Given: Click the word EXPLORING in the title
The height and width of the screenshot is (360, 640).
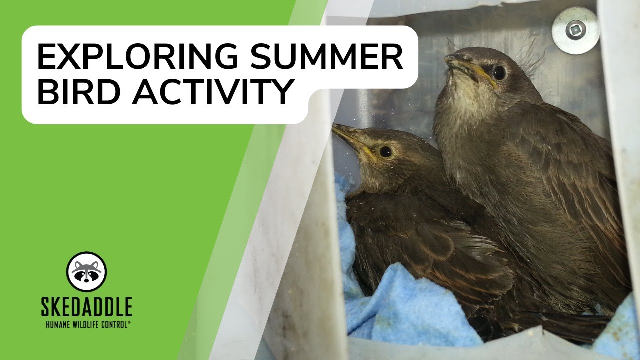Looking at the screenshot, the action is (137, 56).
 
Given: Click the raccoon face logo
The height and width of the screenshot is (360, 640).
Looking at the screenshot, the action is (86, 271).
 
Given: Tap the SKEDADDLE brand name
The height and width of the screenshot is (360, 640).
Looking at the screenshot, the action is (87, 306).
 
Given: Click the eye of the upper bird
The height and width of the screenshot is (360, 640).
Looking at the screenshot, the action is (499, 73).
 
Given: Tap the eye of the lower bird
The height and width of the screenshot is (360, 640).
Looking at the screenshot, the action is (386, 151).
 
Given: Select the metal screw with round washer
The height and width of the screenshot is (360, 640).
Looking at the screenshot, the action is (575, 30).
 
